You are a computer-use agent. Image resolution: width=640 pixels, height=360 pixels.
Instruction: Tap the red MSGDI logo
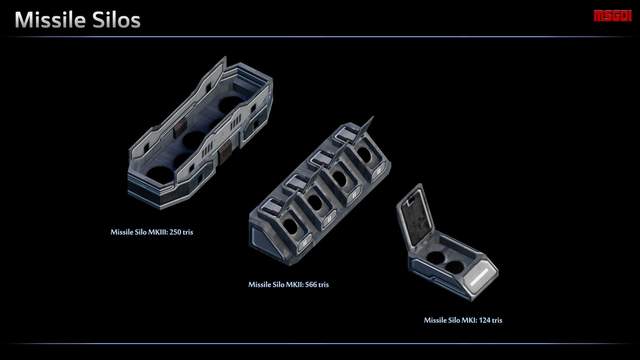click(612, 16)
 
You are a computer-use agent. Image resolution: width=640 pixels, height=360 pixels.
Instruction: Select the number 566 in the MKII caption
click(311, 285)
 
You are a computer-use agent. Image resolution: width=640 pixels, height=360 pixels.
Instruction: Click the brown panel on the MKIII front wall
click(224, 152)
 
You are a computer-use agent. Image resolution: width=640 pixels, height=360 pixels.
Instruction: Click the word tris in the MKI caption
click(497, 320)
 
